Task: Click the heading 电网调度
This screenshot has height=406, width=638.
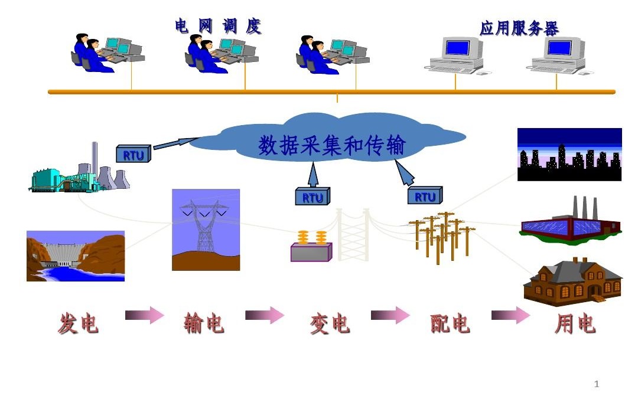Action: (x=218, y=27)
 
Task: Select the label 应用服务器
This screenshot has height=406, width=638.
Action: (x=519, y=28)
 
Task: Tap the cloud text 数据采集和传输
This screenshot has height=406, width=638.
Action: (x=331, y=145)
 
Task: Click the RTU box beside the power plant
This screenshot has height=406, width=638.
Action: (x=134, y=154)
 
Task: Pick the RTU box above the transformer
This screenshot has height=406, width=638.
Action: (x=313, y=197)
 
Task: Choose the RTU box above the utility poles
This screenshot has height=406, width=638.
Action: (x=424, y=195)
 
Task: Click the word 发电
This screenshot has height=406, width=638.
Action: (x=78, y=323)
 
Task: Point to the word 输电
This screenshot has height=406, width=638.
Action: (x=204, y=323)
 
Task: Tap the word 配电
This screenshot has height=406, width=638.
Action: (x=450, y=323)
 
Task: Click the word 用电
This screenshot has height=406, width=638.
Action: (x=575, y=323)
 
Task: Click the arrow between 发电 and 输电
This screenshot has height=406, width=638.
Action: (x=144, y=316)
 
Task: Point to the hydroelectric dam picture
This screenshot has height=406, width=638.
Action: (x=76, y=256)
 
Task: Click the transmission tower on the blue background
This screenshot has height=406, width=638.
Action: (x=206, y=230)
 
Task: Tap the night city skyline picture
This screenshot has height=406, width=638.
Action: (x=569, y=154)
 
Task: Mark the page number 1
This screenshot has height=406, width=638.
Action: (x=596, y=385)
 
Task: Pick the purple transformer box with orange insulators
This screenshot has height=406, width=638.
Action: (x=311, y=248)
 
